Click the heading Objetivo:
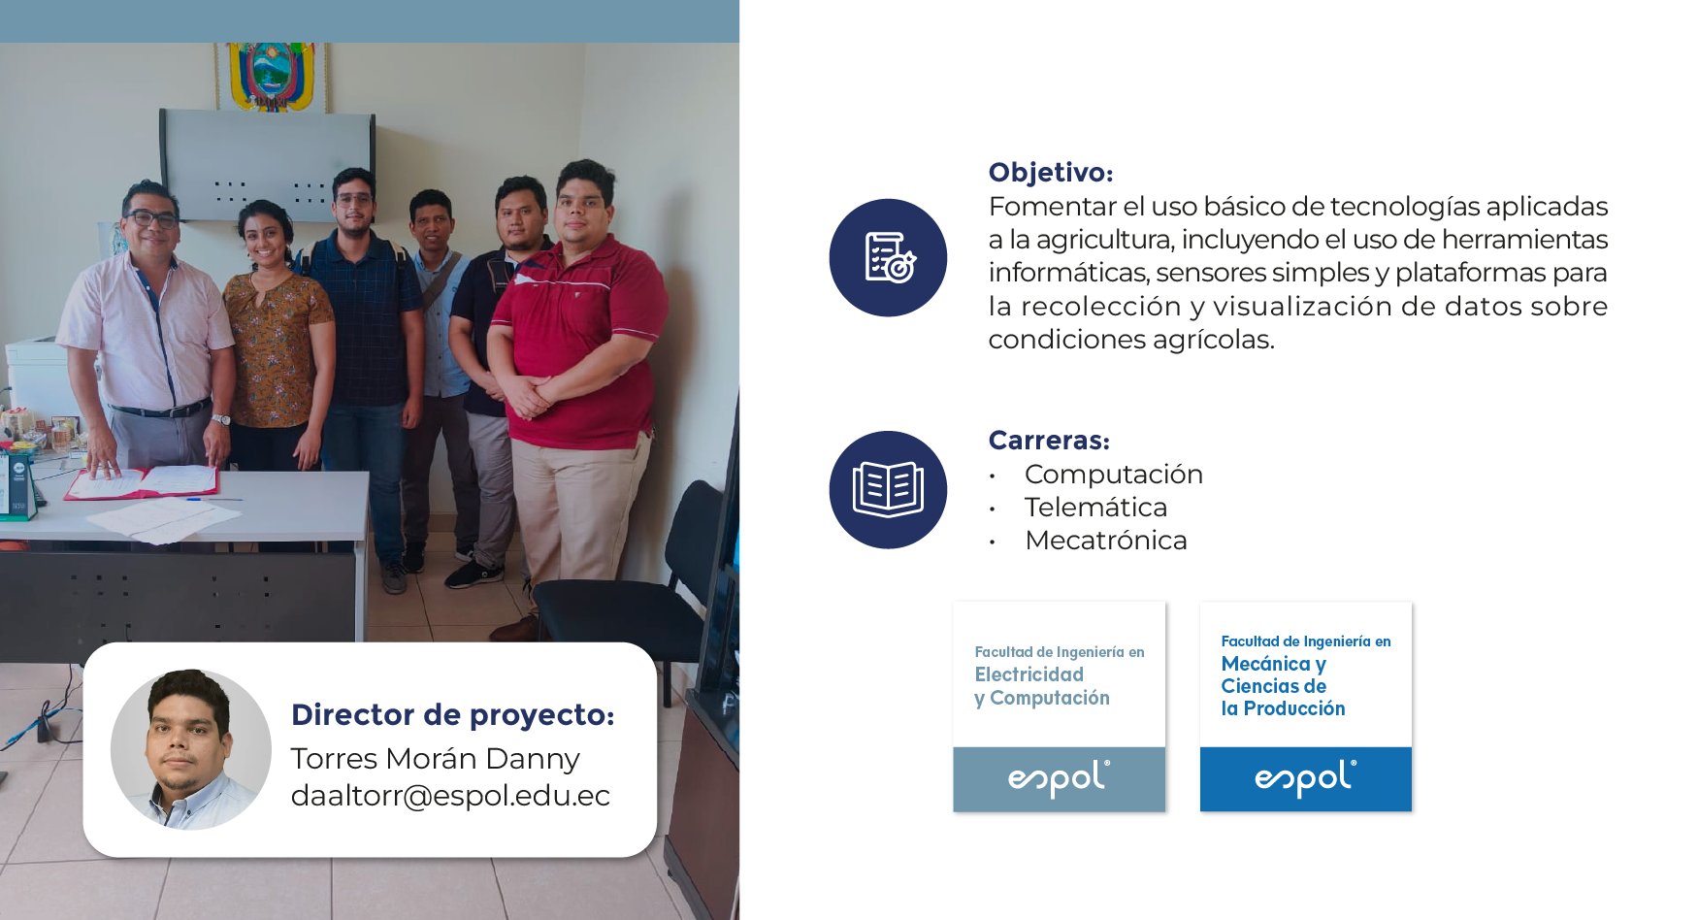1051,173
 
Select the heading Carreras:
1049,441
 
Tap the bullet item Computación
1114,475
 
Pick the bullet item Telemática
1096,508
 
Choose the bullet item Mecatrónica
1106,541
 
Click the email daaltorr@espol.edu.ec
450,796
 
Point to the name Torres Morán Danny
436,759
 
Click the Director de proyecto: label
453,715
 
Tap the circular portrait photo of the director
191,749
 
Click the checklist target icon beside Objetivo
888,258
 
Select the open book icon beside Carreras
888,490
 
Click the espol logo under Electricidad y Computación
1059,778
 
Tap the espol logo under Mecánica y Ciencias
1305,778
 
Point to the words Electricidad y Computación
1042,686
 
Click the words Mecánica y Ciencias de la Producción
1283,686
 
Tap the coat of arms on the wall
272,76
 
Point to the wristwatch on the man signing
221,420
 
